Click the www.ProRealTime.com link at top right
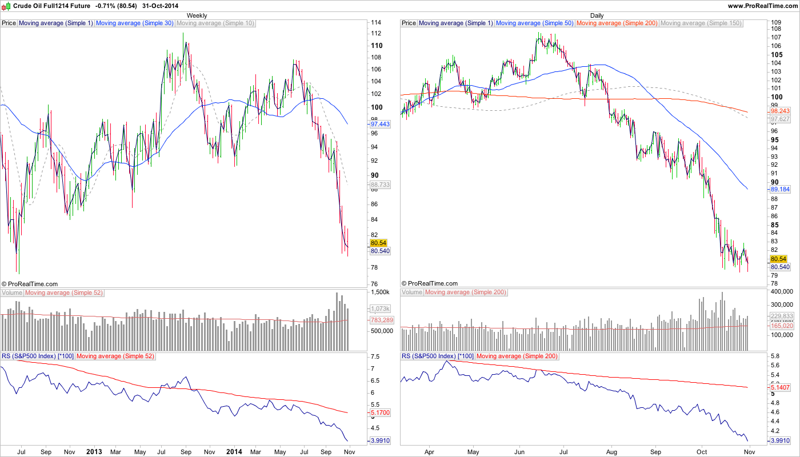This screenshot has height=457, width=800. pyautogui.click(x=762, y=6)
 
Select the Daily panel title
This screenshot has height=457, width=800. pyautogui.click(x=597, y=15)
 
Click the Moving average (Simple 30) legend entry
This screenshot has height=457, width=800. pyautogui.click(x=135, y=23)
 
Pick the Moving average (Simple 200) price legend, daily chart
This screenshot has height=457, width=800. pyautogui.click(x=617, y=23)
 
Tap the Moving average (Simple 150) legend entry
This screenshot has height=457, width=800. pyautogui.click(x=701, y=23)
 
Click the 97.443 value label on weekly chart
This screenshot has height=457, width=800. pyautogui.click(x=380, y=124)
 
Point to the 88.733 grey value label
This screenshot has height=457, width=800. pyautogui.click(x=380, y=185)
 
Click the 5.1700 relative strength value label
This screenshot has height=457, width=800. pyautogui.click(x=380, y=412)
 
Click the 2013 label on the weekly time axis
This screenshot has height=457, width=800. pyautogui.click(x=93, y=451)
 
